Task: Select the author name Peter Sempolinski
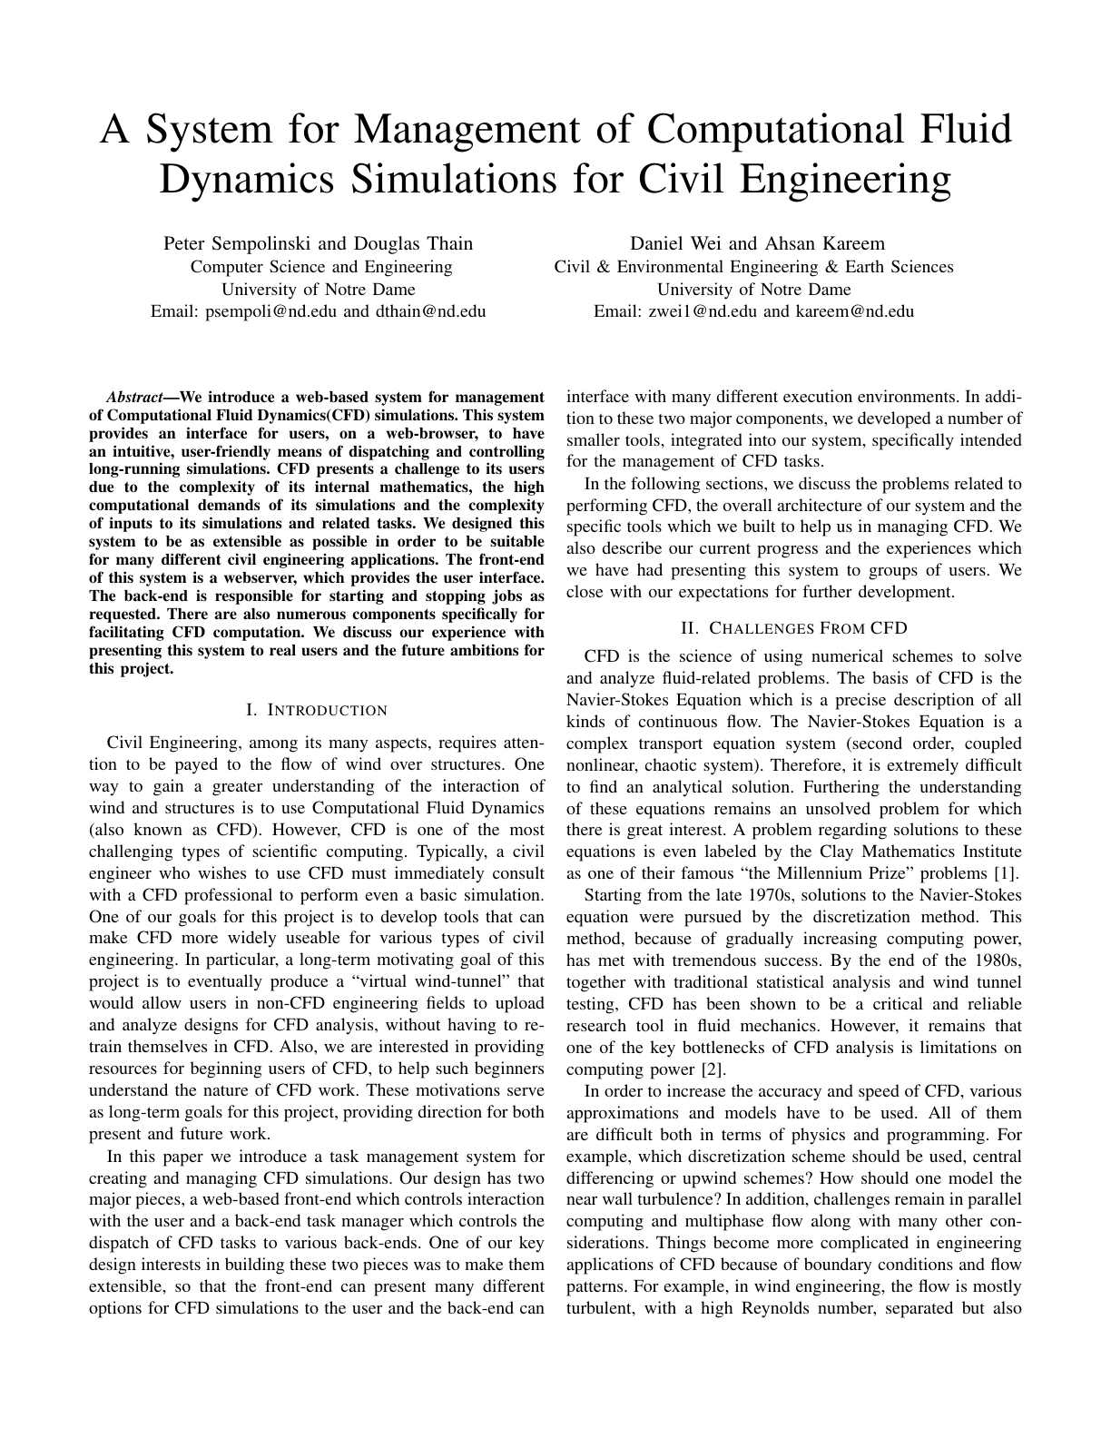click(238, 243)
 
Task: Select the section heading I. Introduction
click(317, 710)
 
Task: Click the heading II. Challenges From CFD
click(793, 628)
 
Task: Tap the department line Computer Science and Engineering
click(320, 267)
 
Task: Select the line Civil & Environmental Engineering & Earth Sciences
click(753, 267)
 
